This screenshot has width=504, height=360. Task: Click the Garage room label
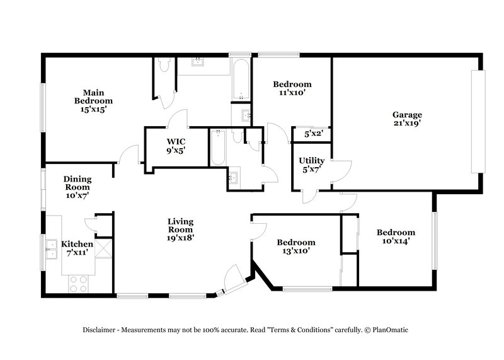[x=407, y=115]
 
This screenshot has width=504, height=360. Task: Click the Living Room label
[x=180, y=229]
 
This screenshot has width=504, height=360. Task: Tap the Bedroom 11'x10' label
[x=292, y=88]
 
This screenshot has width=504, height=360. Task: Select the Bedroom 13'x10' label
[x=296, y=247]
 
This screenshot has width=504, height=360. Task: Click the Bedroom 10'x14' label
[x=396, y=236]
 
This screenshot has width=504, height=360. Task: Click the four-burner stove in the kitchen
[x=78, y=284]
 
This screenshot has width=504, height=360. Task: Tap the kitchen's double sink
[x=50, y=251]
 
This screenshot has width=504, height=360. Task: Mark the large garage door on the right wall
[x=479, y=121]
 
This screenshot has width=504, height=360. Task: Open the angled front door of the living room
[x=233, y=279]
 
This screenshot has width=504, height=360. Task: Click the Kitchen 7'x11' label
[x=76, y=248]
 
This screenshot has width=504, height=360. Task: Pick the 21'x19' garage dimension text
[x=407, y=124]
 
